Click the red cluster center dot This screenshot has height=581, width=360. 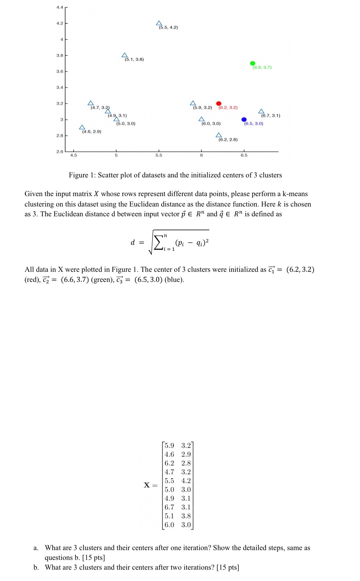tap(219, 103)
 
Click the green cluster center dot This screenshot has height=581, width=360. tap(253, 63)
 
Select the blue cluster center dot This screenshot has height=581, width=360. tap(244, 119)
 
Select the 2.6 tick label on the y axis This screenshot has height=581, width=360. tap(60, 152)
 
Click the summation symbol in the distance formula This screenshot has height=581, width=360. tap(159, 243)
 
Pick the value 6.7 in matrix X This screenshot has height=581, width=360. tap(169, 507)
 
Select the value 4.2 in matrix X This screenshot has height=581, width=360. tap(186, 481)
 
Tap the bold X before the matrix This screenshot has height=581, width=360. tap(147, 485)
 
